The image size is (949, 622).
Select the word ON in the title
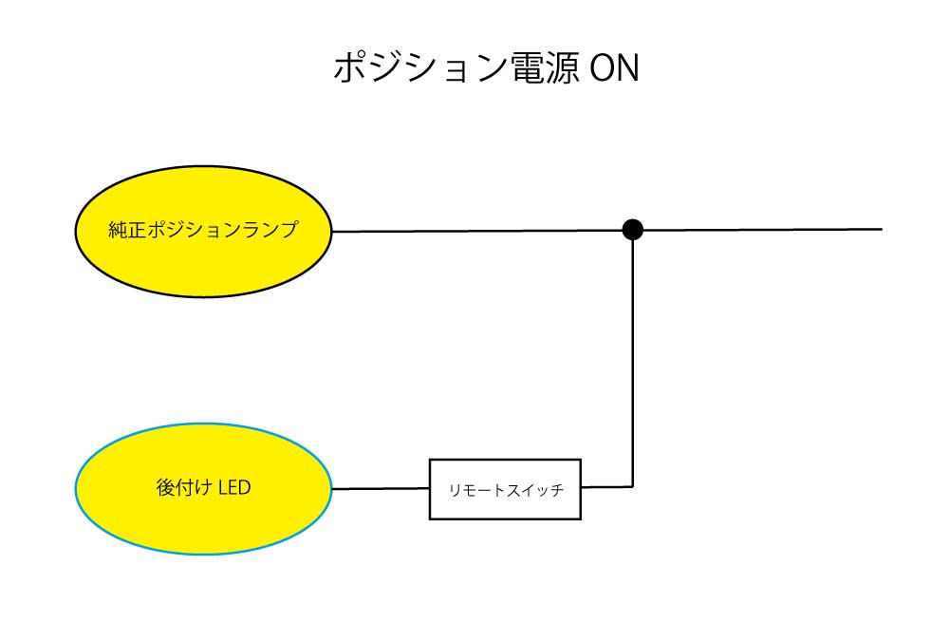point(614,67)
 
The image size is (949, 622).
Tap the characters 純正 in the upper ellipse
point(127,230)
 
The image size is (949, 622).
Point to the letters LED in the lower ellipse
point(234,487)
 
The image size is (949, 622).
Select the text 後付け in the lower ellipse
point(183,487)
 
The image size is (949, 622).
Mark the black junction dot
point(632,230)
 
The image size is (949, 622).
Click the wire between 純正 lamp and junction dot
point(477,231)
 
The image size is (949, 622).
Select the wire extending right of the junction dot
point(763,230)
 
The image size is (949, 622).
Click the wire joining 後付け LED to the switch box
point(381,488)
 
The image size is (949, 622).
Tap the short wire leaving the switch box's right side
point(607,487)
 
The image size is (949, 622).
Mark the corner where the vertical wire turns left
point(633,486)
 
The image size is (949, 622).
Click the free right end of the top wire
point(882,229)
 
